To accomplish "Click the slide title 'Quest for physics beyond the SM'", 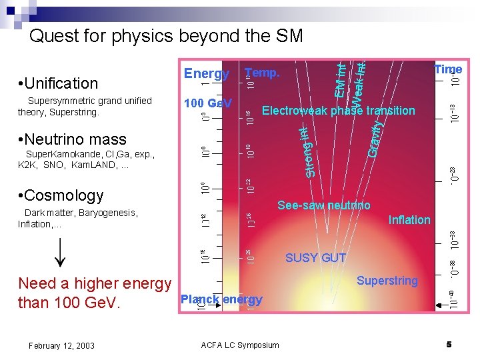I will tap(166, 35).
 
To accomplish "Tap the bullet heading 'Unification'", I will tap(59, 83).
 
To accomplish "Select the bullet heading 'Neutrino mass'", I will tap(73, 139).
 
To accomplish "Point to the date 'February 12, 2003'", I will tap(61, 345).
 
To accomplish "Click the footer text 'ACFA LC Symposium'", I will tap(240, 345).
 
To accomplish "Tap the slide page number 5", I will tap(449, 344).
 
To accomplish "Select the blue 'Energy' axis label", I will tap(207, 74).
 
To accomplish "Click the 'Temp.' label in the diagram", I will tap(263, 73).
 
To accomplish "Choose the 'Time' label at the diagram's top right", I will tap(448, 69).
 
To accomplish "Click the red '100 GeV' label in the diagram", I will tap(208, 103).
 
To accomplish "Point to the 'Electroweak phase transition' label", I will tap(339, 111).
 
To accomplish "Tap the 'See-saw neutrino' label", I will tap(323, 205).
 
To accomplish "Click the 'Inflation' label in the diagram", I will tap(409, 220).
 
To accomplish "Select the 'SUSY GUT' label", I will tap(315, 258).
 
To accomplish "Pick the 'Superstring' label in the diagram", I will tap(387, 281).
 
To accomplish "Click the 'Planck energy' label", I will tap(221, 299).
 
